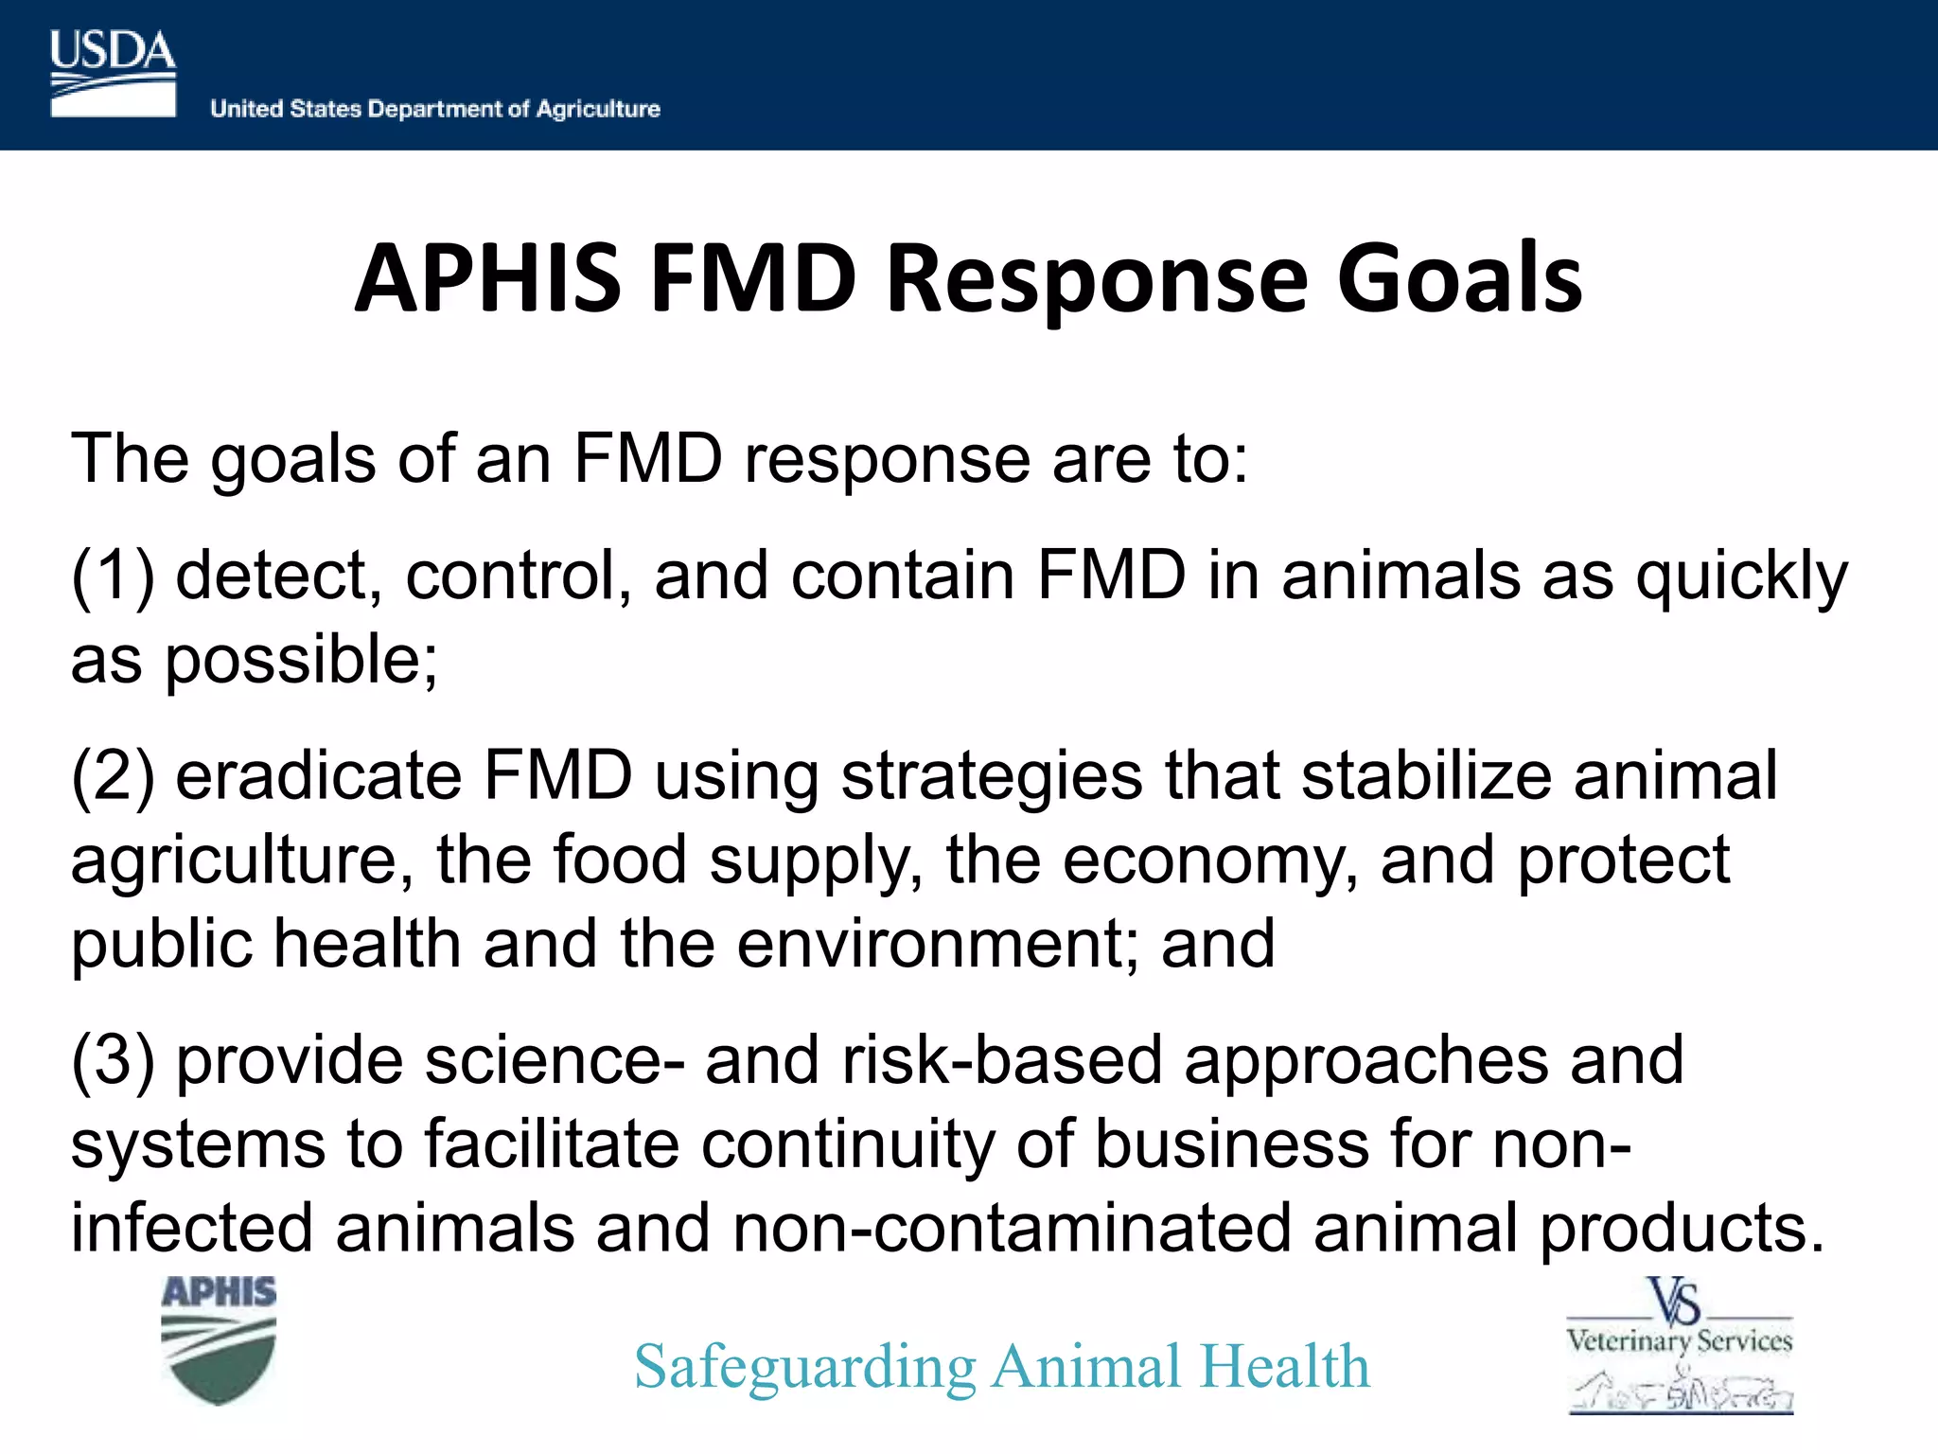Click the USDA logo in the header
113,74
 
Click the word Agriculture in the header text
598,109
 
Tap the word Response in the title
1099,279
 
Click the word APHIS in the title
488,279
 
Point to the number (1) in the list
113,576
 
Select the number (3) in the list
113,1060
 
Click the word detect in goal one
278,576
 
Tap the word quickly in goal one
1741,577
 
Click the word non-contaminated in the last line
1012,1229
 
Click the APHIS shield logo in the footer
219,1339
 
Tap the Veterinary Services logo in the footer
1680,1344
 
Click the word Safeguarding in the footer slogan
804,1368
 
